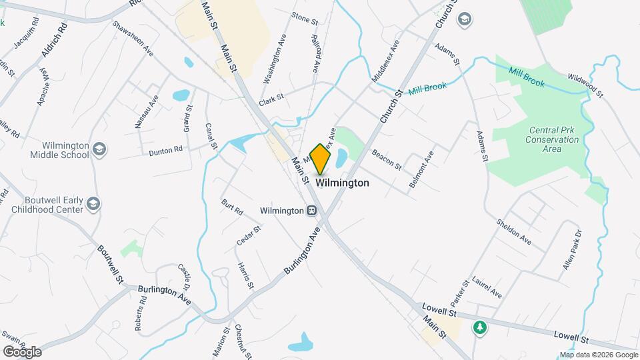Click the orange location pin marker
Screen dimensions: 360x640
point(321,158)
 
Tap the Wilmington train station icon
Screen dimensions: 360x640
point(311,211)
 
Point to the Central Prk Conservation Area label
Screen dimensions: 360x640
point(552,139)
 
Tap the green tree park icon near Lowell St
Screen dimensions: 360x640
point(479,327)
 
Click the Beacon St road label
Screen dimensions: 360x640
point(387,159)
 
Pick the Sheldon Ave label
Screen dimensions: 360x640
point(513,231)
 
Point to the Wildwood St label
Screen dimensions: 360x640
point(585,86)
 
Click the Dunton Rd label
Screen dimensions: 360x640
point(165,151)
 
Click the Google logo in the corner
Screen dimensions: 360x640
point(21,351)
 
